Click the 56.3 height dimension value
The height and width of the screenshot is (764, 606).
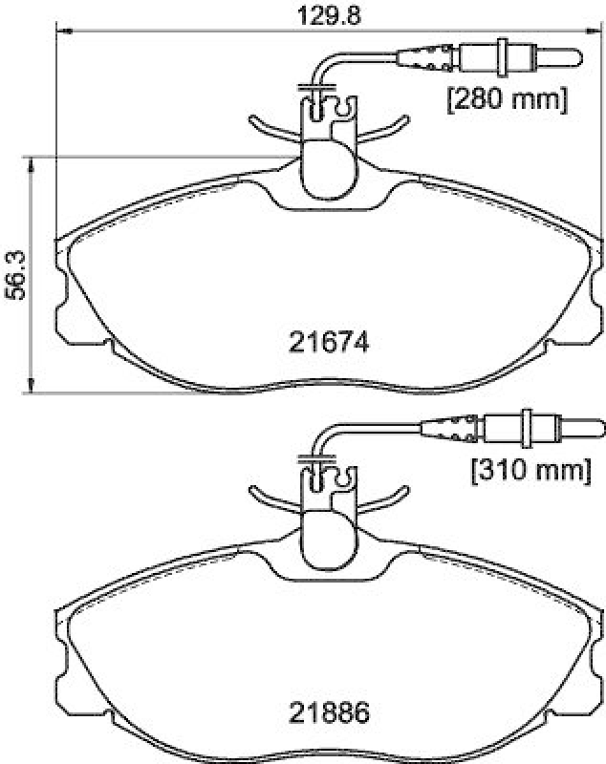click(x=14, y=275)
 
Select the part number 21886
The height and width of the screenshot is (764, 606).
click(x=328, y=711)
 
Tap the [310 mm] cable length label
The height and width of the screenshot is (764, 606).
click(x=527, y=469)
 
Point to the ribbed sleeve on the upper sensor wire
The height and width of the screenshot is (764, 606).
click(x=429, y=58)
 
